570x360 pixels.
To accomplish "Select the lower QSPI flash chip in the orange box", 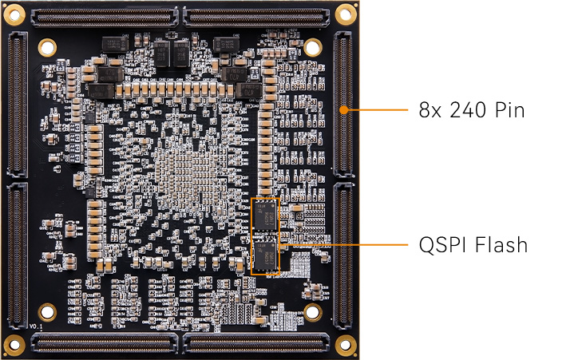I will pos(266,255).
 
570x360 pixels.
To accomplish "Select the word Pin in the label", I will pos(509,109).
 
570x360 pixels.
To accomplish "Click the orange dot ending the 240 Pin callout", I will pos(345,109).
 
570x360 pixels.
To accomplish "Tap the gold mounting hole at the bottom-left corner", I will pos(15,345).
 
